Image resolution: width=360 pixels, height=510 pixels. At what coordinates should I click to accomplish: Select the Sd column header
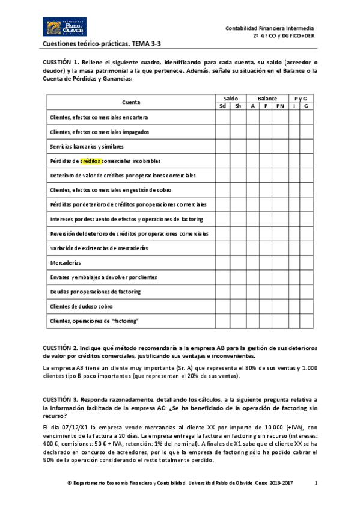(x=223, y=106)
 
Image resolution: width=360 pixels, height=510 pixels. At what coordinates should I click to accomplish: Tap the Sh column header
(x=238, y=106)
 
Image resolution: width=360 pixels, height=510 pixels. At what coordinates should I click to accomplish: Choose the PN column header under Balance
(x=280, y=106)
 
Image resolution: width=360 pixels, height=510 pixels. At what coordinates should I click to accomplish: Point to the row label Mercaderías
(x=66, y=263)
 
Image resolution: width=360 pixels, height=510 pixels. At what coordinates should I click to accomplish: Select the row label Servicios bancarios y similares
(x=87, y=146)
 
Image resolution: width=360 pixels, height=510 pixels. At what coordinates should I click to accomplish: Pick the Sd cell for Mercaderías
(x=223, y=263)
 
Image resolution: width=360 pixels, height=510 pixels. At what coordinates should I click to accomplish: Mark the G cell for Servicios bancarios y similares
(x=306, y=146)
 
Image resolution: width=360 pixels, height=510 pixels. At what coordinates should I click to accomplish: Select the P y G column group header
(x=300, y=98)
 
